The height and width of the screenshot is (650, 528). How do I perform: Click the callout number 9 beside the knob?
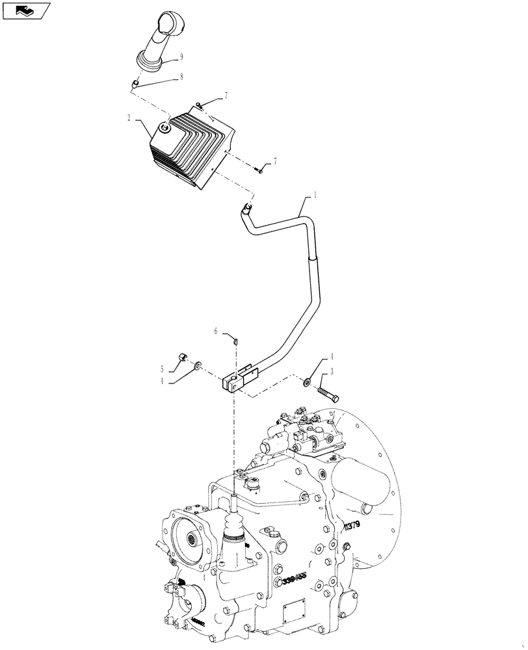181,56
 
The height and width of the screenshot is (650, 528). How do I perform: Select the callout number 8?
181,76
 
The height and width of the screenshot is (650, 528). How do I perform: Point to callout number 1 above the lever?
317,194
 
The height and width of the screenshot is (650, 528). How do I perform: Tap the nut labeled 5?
183,357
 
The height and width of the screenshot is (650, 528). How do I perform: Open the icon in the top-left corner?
26,10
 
